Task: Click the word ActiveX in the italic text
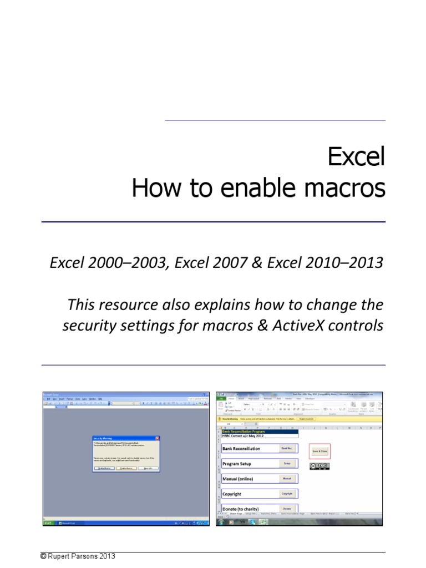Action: (x=295, y=326)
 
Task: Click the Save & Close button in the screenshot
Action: (x=319, y=452)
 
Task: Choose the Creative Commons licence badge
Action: (x=319, y=466)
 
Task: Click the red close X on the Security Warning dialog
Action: (x=158, y=438)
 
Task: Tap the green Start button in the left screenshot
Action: (x=48, y=523)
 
